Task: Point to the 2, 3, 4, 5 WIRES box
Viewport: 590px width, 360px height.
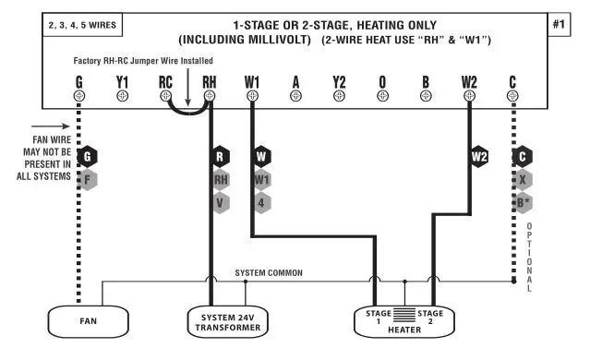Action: (82, 25)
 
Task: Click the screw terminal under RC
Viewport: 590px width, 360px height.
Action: (166, 96)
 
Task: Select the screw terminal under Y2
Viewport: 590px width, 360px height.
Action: (340, 96)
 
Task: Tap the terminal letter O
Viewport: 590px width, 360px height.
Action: (382, 80)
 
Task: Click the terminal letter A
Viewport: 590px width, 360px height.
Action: (296, 80)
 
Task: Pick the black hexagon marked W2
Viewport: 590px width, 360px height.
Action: (479, 157)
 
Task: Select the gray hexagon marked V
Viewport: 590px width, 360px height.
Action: (220, 201)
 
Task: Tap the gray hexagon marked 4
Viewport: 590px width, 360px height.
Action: (263, 201)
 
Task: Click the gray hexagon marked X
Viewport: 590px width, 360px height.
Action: (523, 179)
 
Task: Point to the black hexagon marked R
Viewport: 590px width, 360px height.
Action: (220, 157)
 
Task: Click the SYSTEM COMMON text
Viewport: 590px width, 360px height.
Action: (269, 273)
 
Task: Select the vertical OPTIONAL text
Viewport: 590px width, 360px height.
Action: (530, 258)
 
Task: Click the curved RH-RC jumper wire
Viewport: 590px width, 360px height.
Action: (188, 113)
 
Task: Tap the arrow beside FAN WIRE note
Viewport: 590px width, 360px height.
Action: (50, 130)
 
